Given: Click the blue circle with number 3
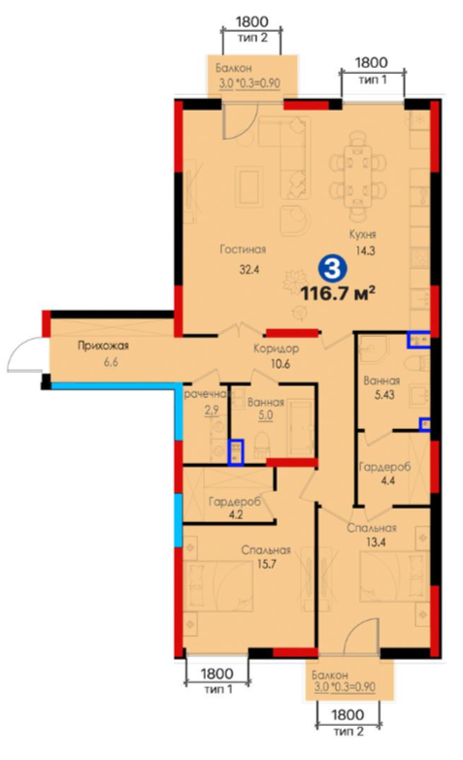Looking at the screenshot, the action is point(332,268).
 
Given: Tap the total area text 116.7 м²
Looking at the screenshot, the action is point(339,293).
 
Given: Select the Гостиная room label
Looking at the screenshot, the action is point(243,249).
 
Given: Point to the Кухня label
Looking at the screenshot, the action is point(363,235).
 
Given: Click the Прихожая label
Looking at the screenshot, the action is point(103,347).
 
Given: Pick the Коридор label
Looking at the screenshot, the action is point(276,348).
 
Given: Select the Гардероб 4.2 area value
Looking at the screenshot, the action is point(235,514).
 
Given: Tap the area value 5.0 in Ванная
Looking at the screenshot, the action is point(265,415).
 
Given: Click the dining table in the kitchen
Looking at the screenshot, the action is point(358,176).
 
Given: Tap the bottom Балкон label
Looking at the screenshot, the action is point(330,675).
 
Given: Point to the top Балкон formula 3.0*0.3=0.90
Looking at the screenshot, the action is point(249,83).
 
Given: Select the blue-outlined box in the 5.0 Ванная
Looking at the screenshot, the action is point(236,452).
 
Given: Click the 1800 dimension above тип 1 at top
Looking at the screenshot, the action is point(372,62).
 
